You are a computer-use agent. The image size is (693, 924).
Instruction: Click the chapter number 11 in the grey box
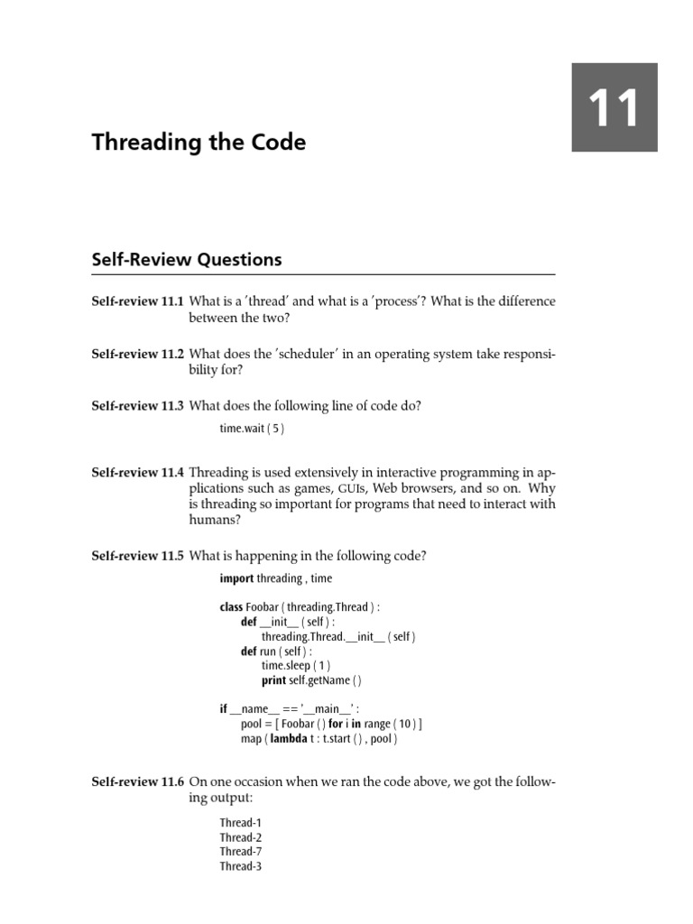[x=614, y=107]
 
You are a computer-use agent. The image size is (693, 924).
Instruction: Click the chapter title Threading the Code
[x=199, y=143]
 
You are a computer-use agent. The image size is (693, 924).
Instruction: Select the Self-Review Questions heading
[x=187, y=260]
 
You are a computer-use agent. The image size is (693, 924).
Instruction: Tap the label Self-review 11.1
[x=137, y=300]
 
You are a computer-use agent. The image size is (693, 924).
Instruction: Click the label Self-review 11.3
[x=137, y=406]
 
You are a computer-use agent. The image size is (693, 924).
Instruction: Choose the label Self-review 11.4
[x=137, y=472]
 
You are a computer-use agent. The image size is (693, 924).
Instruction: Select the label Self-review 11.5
[x=137, y=556]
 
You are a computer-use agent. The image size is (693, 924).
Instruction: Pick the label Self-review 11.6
[x=137, y=782]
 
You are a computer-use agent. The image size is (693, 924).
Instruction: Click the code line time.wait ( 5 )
[x=252, y=429]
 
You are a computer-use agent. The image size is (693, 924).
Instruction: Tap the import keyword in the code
[x=236, y=578]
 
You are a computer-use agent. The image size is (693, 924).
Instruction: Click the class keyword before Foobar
[x=232, y=607]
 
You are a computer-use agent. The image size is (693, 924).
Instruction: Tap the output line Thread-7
[x=240, y=852]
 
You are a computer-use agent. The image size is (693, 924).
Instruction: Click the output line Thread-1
[x=240, y=823]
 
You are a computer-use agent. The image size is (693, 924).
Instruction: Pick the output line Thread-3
[x=240, y=866]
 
